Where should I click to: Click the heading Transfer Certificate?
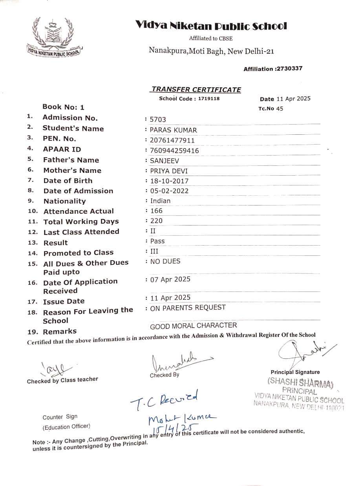click(x=196, y=90)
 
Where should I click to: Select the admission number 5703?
click(x=158, y=119)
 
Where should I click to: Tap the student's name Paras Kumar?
click(x=174, y=130)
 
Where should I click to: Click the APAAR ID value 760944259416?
click(x=174, y=150)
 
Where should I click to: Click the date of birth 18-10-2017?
click(x=169, y=181)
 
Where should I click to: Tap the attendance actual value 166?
click(x=156, y=211)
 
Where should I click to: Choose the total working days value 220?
click(x=156, y=221)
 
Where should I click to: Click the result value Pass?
click(x=157, y=241)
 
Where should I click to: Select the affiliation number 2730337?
click(x=289, y=68)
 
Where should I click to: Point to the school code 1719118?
click(x=209, y=99)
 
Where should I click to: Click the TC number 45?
click(x=280, y=108)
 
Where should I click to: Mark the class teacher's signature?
click(x=56, y=368)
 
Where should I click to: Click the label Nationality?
click(x=64, y=201)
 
